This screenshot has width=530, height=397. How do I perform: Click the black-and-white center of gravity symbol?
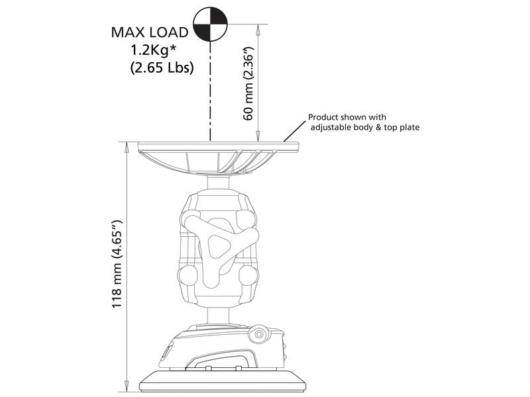pos(210,24)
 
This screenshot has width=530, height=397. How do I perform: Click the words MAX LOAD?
pos(150,32)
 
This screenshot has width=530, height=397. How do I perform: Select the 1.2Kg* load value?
pos(154,50)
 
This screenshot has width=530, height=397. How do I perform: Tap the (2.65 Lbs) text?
pos(162,67)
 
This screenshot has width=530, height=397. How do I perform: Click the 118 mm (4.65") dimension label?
pos(117,264)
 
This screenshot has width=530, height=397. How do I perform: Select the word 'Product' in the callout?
pos(323,117)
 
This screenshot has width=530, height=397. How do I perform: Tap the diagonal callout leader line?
pos(295,131)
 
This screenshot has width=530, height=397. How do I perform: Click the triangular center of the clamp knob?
pos(217,245)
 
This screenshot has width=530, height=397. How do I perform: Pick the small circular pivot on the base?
pos(259,334)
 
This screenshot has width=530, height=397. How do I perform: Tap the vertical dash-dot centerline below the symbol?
pos(210,91)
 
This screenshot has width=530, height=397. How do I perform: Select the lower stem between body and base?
pos(218,316)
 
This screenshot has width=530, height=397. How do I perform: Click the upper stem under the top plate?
pos(218,185)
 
